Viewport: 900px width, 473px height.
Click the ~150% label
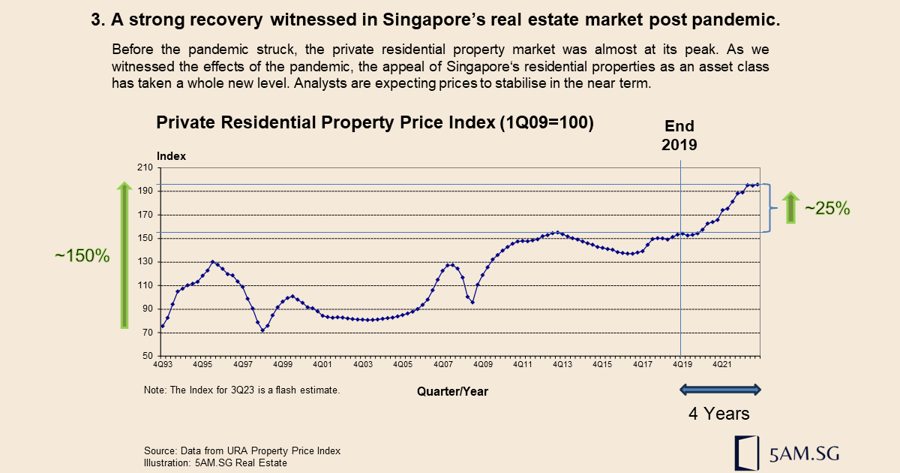pyautogui.click(x=82, y=255)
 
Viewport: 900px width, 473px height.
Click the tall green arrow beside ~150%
pyautogui.click(x=124, y=255)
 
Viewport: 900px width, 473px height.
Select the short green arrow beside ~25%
pyautogui.click(x=790, y=207)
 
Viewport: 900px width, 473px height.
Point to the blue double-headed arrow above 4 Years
pyautogui.click(x=720, y=389)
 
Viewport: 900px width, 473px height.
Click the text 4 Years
pyautogui.click(x=719, y=414)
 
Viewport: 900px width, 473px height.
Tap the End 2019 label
pyautogui.click(x=679, y=135)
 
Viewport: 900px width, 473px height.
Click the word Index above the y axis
pyautogui.click(x=171, y=156)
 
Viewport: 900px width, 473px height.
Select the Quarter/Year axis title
pyautogui.click(x=457, y=391)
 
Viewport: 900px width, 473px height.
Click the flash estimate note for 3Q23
pyautogui.click(x=241, y=390)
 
